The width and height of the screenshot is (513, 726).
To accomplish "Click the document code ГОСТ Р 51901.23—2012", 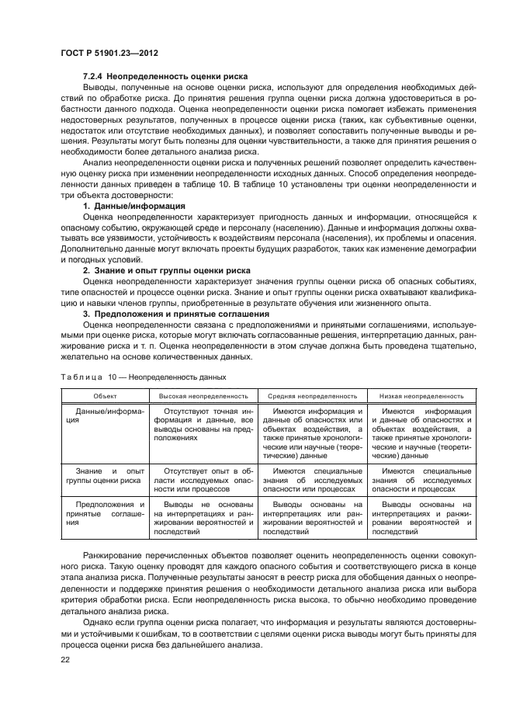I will [115, 54].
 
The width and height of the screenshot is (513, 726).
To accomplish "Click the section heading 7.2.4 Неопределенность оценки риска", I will [165, 77].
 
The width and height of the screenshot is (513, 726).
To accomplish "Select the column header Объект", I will [105, 395].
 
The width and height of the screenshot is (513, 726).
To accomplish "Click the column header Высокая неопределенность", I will [204, 395].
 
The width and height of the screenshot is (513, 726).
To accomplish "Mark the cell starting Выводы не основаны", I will [204, 518].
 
